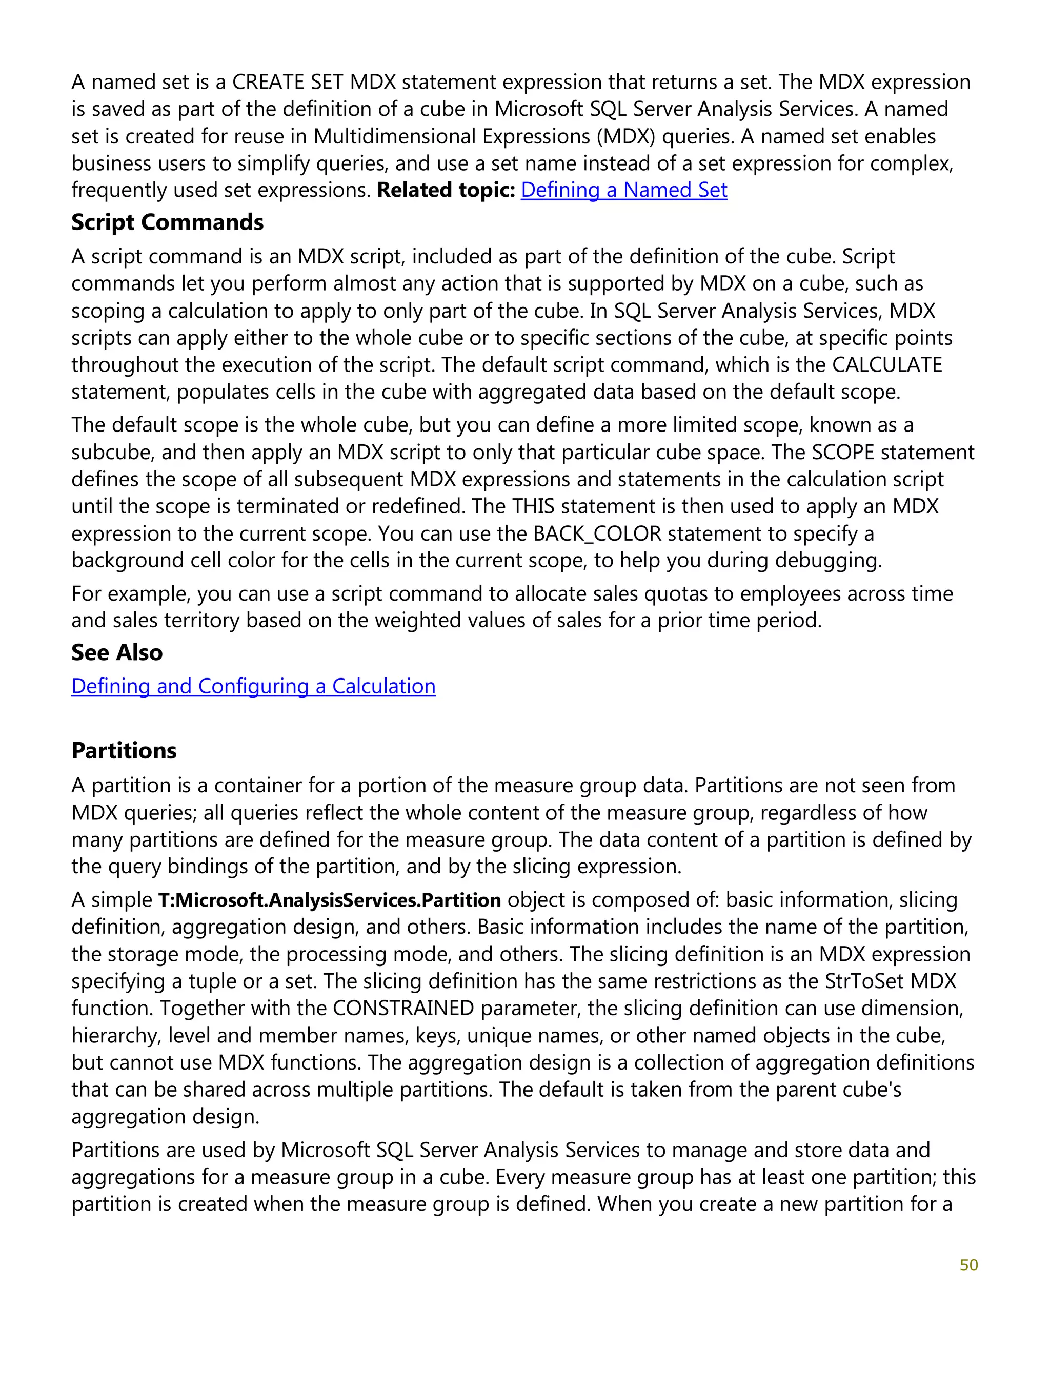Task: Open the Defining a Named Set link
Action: pyautogui.click(x=623, y=190)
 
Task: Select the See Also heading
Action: pyautogui.click(x=117, y=652)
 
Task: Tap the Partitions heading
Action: pyautogui.click(x=124, y=750)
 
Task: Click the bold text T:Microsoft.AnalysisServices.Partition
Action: pyautogui.click(x=329, y=900)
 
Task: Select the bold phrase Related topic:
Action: pyautogui.click(x=446, y=190)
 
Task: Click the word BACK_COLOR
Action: pyautogui.click(x=597, y=533)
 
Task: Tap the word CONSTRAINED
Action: pyautogui.click(x=403, y=1008)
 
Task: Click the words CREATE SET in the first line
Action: pyautogui.click(x=288, y=82)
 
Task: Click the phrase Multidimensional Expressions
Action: pyautogui.click(x=452, y=136)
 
